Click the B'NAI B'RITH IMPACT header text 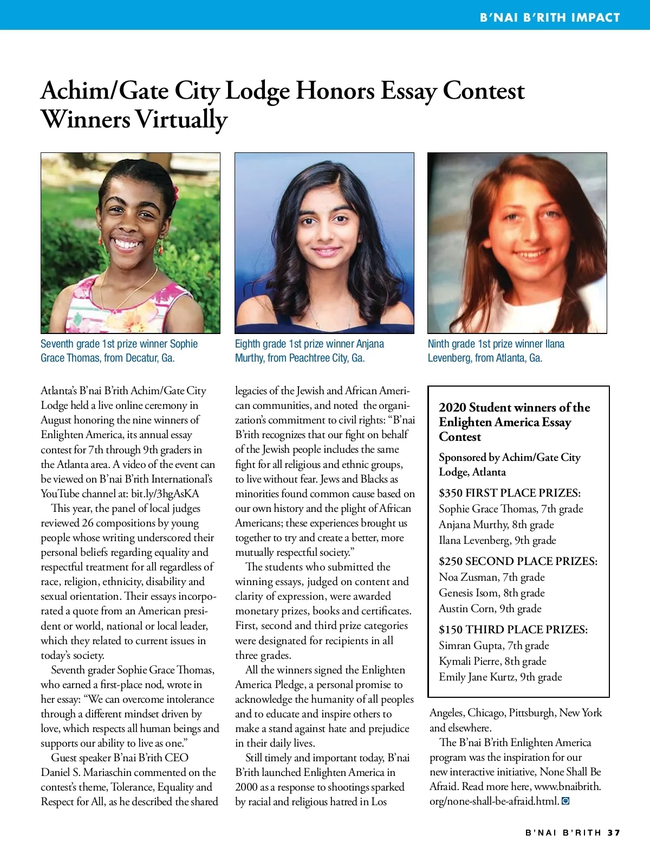click(x=549, y=17)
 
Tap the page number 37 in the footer click(x=614, y=832)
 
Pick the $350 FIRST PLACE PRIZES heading click(x=509, y=493)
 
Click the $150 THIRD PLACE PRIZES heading click(x=513, y=630)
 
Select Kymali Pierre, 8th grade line click(x=492, y=662)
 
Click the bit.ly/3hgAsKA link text click(x=165, y=494)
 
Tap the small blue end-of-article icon click(x=565, y=801)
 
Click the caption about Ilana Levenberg click(x=495, y=351)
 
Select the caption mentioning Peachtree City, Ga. click(x=309, y=351)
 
